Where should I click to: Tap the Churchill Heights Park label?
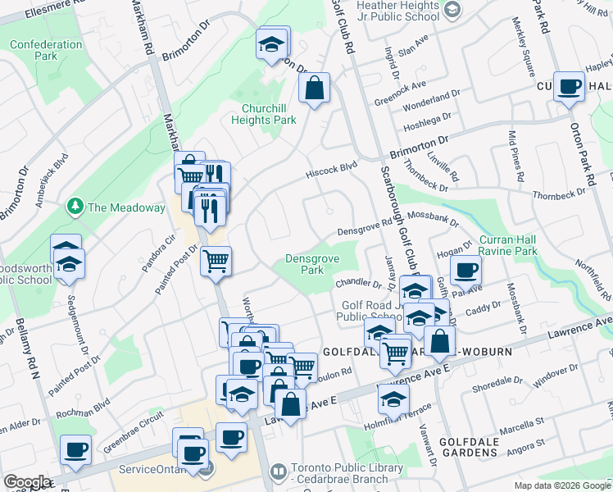pos(269,114)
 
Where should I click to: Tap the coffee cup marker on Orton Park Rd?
pos(569,86)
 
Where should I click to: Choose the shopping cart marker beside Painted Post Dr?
pos(216,261)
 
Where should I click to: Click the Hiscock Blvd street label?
pos(334,166)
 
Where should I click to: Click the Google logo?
pos(27,482)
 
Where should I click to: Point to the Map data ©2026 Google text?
pos(562,485)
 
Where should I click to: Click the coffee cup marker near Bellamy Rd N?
pos(75,449)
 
